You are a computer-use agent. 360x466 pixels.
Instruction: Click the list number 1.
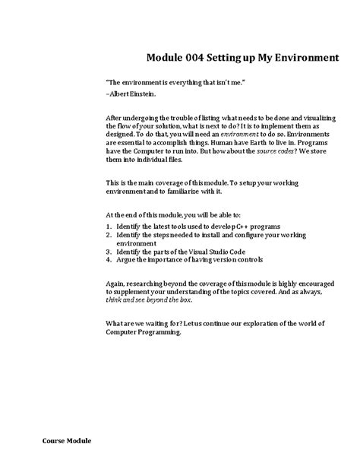109,227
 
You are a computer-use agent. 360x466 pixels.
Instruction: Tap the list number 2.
109,236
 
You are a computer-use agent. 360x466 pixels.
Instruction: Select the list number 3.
109,252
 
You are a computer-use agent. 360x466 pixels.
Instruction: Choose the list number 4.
109,261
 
